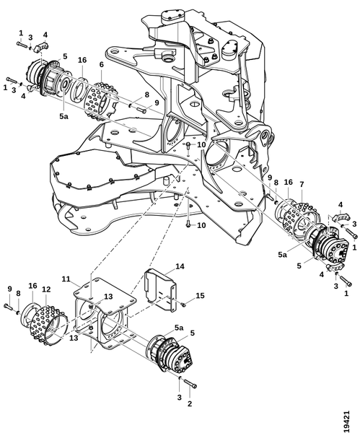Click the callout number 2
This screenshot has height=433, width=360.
[190, 403]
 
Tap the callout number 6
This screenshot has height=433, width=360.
[101, 65]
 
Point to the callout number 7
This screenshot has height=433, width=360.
[302, 184]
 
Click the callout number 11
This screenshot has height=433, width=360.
[66, 279]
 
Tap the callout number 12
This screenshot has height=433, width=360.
[46, 289]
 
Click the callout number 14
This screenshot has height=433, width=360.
[180, 266]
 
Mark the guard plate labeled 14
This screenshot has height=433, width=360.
[160, 289]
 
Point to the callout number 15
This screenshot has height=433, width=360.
[200, 295]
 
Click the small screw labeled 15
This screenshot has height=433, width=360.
[183, 305]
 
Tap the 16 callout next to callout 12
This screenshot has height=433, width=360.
[32, 286]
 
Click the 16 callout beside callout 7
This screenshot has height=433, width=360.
[288, 183]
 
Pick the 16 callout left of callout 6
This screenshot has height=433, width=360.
[82, 60]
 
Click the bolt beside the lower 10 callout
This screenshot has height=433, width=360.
[188, 224]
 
